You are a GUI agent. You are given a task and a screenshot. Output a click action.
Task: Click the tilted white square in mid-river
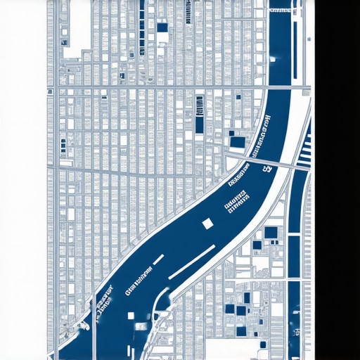coord(207,224)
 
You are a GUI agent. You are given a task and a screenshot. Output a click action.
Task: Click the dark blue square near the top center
coord(162,28)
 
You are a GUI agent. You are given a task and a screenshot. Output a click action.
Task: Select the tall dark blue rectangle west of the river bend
coord(200,124)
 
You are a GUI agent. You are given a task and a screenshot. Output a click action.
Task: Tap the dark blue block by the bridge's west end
coord(238,142)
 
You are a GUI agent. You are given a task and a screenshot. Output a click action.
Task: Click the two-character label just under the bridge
coord(267,169)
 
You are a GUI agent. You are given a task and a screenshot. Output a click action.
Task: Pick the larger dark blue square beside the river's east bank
coord(271,233)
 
